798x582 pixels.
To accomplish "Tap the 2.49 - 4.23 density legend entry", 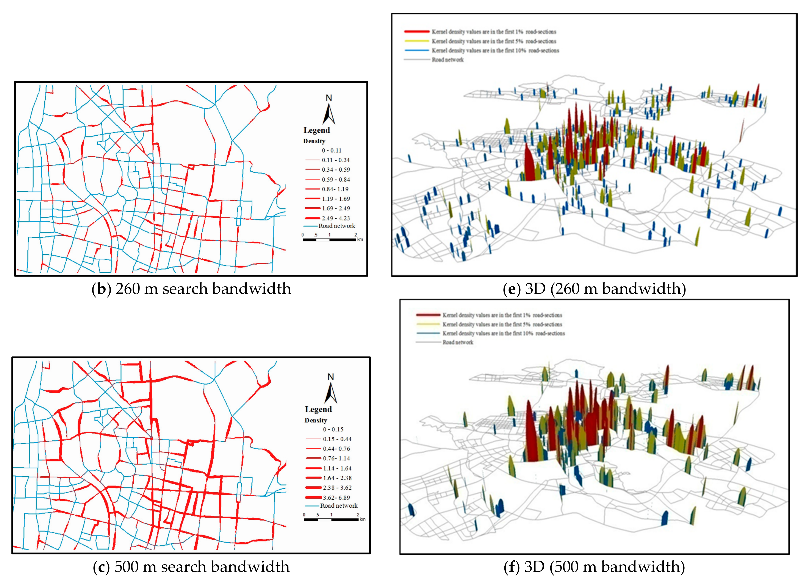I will point(335,218).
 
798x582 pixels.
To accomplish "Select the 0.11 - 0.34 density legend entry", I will point(335,160).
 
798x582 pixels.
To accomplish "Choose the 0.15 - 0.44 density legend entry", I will point(337,439).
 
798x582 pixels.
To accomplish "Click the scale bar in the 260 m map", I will point(329,239).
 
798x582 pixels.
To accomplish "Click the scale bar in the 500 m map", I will point(331,519).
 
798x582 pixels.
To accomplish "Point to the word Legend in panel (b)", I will point(317,130).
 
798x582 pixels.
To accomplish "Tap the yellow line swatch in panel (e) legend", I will point(417,41).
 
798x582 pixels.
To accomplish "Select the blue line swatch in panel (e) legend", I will point(417,50).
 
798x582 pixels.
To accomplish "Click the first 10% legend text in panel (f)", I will point(504,333).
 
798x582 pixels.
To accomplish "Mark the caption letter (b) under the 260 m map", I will point(102,289).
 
